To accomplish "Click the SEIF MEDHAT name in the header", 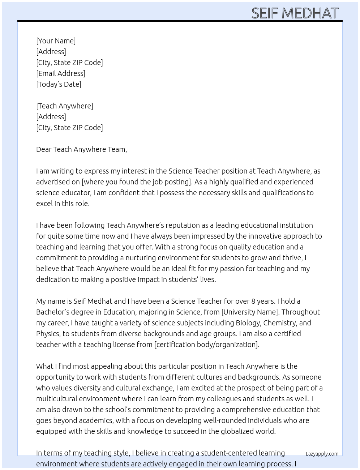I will [x=295, y=13].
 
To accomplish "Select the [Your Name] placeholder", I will [x=56, y=41].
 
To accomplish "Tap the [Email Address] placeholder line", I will [x=61, y=73].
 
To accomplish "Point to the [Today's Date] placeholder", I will [x=59, y=84].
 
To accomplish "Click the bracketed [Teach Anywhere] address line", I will [x=64, y=106].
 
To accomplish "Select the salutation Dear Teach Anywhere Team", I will [x=81, y=149].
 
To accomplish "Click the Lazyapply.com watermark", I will [x=322, y=454].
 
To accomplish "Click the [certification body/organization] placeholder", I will [x=207, y=345].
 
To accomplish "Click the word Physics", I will [x=48, y=334].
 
